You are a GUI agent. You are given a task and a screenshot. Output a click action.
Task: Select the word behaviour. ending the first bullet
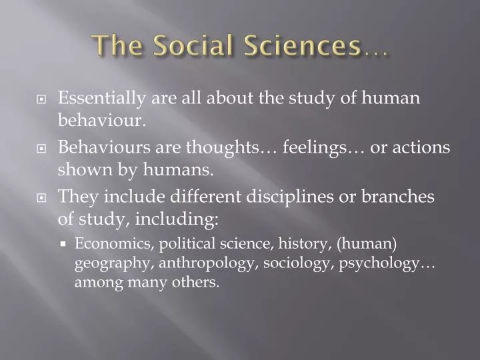point(111,120)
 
